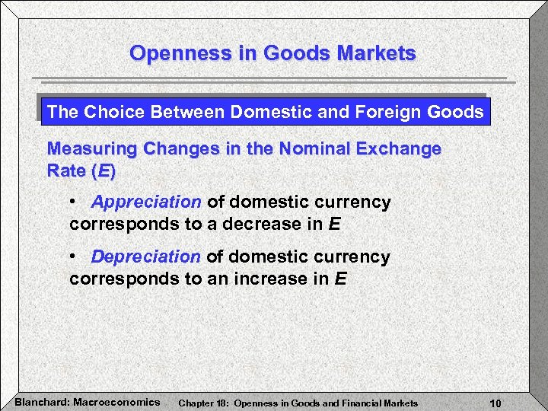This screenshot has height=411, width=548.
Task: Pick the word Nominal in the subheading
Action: [x=306, y=148]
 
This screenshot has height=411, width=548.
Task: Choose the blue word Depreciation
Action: [x=145, y=257]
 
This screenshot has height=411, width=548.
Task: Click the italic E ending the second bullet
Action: [x=340, y=279]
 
